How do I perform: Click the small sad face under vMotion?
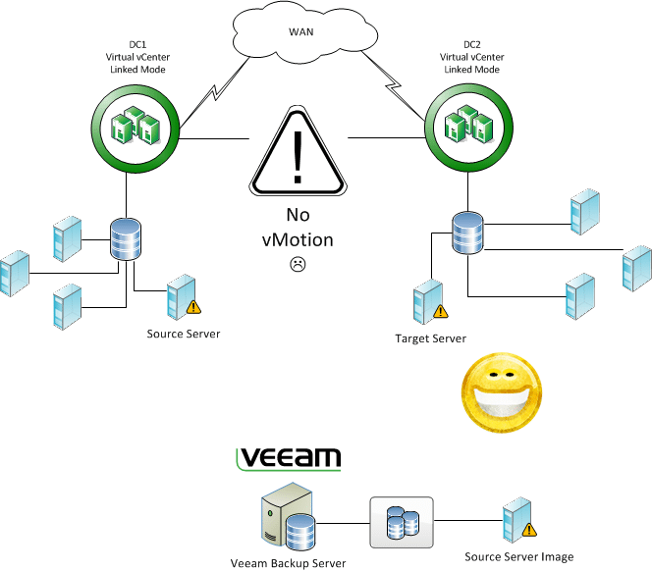(x=298, y=264)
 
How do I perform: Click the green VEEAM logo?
(x=291, y=458)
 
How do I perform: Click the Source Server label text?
(x=184, y=334)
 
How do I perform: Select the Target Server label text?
(x=430, y=338)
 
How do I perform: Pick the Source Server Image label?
(x=518, y=557)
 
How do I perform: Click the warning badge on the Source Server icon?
(x=193, y=307)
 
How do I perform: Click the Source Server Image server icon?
(x=515, y=524)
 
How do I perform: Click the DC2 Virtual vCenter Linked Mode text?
(x=468, y=56)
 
